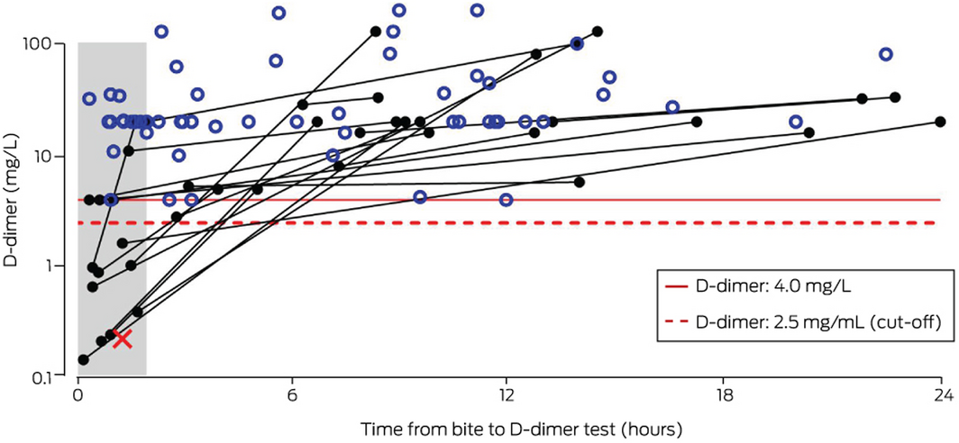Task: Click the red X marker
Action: pos(123,339)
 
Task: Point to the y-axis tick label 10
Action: pos(52,156)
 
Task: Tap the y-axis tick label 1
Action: pos(57,267)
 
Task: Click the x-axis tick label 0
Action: pos(78,393)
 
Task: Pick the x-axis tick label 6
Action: pos(293,393)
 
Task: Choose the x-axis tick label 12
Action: pos(507,393)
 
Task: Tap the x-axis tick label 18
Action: pos(722,393)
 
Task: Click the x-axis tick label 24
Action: pos(937,393)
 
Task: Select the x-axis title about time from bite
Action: pos(508,426)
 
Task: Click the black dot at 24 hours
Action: pos(940,121)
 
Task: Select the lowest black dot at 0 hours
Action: pos(84,360)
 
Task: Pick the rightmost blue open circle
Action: pos(886,54)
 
